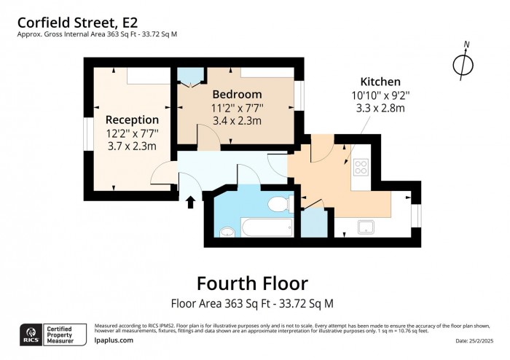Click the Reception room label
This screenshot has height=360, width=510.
click(x=132, y=120)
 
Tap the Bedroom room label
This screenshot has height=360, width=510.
click(x=237, y=95)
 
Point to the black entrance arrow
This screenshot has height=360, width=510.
click(x=191, y=201)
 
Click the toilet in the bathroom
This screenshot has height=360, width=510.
click(x=276, y=203)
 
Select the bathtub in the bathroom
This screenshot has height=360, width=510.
click(x=267, y=227)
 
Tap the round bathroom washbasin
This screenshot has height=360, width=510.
click(x=228, y=232)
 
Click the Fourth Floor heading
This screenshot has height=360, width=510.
click(x=252, y=283)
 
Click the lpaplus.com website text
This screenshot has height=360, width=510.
click(x=114, y=340)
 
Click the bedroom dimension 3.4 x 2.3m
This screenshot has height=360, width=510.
click(x=237, y=121)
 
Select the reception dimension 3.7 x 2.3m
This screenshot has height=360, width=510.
click(x=132, y=146)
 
